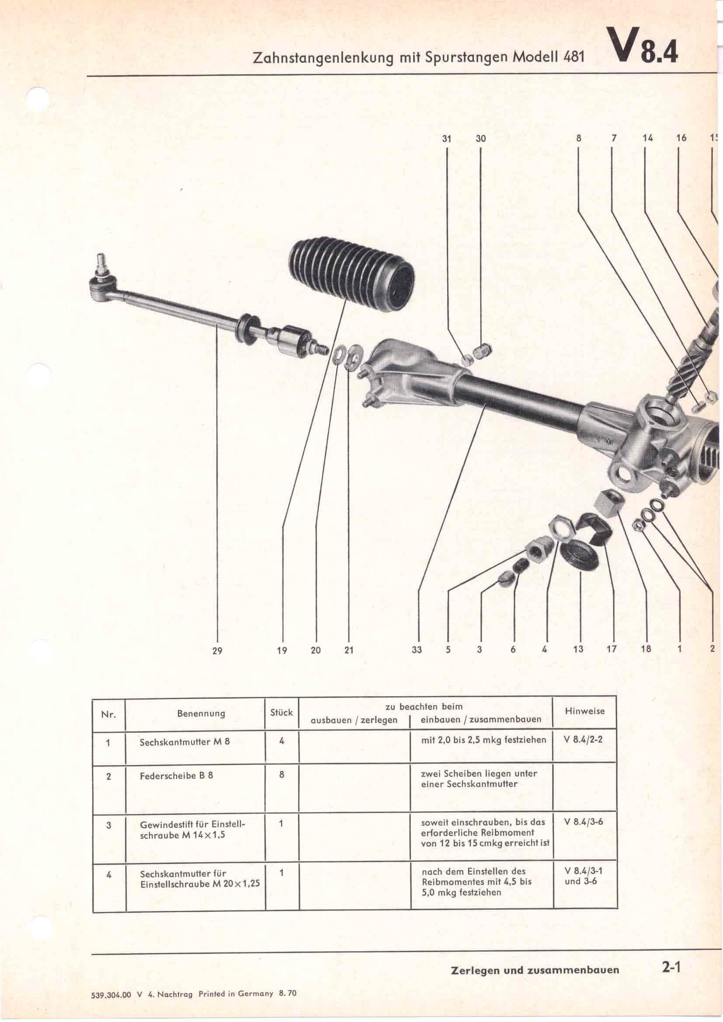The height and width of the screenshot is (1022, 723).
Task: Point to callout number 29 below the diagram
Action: coord(217,651)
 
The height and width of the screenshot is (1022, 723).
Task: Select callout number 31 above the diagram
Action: coord(447,139)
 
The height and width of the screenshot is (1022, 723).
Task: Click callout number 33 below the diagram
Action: coord(416,650)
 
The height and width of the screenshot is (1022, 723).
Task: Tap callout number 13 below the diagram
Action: coord(578,649)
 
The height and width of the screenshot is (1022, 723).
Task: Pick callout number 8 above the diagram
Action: coord(578,138)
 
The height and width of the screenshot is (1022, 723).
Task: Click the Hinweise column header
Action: coord(584,711)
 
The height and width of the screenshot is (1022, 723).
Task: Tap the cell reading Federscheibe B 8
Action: coord(176,776)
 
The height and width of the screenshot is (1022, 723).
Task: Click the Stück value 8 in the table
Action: coord(282,775)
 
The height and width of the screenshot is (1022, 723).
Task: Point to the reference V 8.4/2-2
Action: coord(583,740)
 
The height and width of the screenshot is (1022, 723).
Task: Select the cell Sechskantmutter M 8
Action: coord(184,742)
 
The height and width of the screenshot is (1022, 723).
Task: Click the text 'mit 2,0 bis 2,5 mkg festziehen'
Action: coord(483,740)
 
